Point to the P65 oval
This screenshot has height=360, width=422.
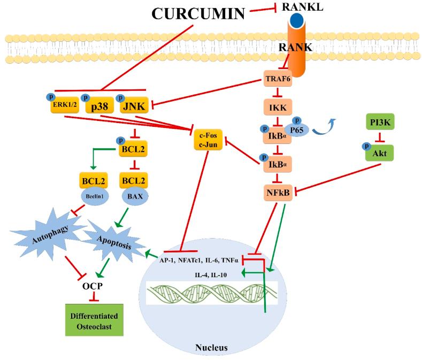coord(307,128)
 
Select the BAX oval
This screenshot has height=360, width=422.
coord(133,196)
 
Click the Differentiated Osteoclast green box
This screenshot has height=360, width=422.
coord(94,320)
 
